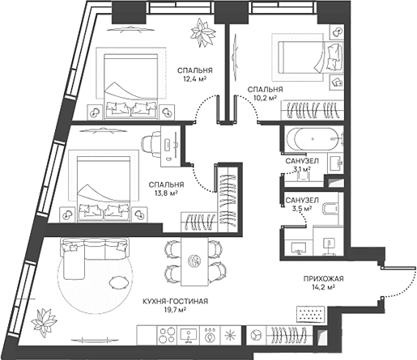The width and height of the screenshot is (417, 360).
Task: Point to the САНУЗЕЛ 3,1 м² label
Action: coord(300,165)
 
